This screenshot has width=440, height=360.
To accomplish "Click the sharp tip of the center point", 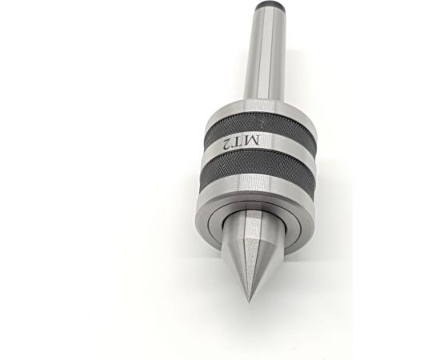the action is point(250,302).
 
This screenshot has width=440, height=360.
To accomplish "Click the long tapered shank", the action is point(264,54).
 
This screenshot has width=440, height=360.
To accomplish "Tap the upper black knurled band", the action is point(261,126).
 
